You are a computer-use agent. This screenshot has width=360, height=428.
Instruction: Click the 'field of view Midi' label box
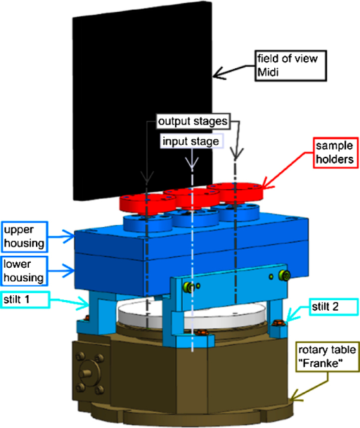[291, 65]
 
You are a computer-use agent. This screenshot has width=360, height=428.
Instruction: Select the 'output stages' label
[193, 121]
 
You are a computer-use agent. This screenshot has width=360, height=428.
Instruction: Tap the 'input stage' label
[191, 141]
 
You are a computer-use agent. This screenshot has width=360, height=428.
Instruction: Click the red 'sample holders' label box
[335, 153]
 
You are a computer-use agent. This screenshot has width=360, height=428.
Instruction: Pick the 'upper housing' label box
[25, 237]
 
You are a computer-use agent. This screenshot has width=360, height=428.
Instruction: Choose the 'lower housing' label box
[25, 271]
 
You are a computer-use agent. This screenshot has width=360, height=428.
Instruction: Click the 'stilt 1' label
[25, 299]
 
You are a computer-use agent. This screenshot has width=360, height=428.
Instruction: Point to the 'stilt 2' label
[333, 307]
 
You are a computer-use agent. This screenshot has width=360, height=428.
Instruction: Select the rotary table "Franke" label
[327, 356]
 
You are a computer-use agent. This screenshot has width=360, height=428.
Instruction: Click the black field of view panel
[142, 101]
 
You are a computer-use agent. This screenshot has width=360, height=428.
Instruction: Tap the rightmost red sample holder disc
[235, 193]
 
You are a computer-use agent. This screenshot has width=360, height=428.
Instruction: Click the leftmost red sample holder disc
[148, 205]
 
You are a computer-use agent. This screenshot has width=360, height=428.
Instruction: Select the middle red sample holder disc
[191, 198]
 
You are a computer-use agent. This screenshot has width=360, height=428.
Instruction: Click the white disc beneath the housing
[191, 314]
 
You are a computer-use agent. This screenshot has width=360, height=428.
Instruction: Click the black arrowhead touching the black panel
[219, 74]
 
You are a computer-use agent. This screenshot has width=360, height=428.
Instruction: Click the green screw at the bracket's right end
[284, 275]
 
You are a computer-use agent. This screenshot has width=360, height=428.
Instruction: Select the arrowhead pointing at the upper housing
[68, 236]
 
